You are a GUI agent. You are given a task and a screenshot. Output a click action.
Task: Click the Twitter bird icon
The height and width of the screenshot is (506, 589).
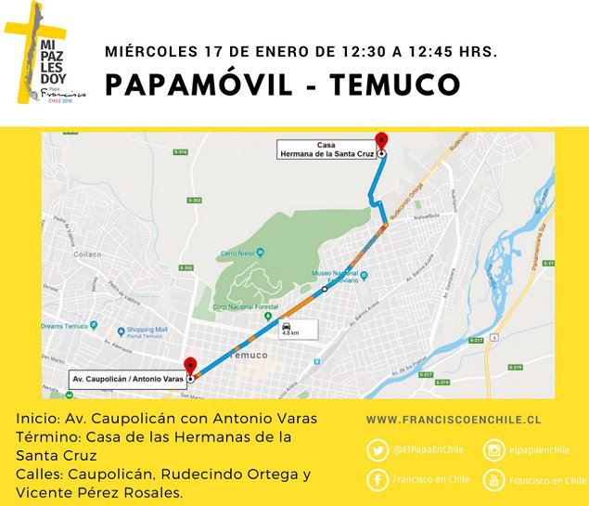378,450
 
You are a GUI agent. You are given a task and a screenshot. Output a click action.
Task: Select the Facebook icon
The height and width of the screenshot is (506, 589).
378,480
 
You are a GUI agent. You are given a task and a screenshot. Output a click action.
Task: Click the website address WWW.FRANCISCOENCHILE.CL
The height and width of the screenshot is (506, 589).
454,421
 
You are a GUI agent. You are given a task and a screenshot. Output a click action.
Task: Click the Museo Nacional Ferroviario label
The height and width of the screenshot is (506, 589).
338,276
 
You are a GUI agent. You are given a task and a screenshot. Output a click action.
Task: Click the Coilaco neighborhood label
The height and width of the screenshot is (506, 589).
88,253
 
